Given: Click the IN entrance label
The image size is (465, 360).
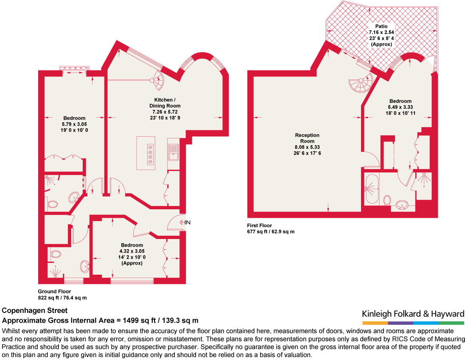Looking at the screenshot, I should coord(187,222).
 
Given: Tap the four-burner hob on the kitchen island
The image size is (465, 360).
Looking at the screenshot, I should coord(150,153).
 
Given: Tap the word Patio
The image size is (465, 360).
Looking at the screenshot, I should coord(381,26).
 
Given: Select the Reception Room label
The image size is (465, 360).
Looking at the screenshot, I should coord(307,138).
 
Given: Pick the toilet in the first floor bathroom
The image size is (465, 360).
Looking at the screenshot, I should coord(387,200).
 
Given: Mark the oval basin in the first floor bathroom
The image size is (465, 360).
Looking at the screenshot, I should coord(403,206).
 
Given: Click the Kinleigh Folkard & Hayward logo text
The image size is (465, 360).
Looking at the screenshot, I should coord(413,314).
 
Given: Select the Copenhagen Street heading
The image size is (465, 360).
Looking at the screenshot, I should coord(35,311).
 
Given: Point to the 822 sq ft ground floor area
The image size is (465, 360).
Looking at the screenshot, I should coord(62,298).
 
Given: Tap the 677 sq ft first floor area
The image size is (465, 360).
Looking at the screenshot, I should coord(271,232).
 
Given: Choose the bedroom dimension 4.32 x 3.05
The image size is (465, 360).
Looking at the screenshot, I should coord(132,251).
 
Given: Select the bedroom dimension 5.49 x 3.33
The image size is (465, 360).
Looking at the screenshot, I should coord(401,107).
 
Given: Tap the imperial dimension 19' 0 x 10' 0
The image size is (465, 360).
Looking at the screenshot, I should coord(74,130).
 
